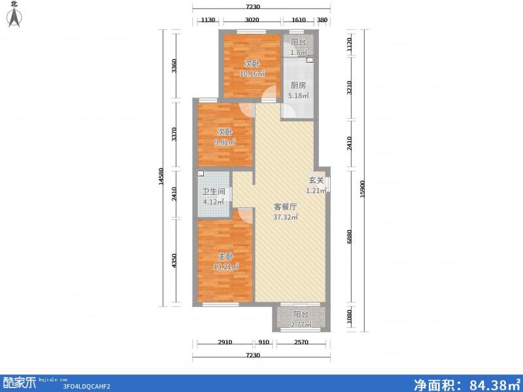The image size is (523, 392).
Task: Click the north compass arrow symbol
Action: [14, 18]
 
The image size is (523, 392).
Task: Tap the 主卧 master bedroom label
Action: [225, 257]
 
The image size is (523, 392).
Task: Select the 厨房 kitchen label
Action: [298, 86]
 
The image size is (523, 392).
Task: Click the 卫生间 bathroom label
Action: [213, 192]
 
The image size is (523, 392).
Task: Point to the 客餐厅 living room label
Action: [286, 207]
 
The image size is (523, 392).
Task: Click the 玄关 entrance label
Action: [316, 181]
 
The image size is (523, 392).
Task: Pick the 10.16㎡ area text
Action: [252, 74]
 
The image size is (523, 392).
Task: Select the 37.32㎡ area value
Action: [286, 217]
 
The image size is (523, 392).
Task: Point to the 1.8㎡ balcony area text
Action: [298, 52]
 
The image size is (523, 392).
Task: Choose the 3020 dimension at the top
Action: [252, 20]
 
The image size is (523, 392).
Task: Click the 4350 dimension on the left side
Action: [174, 261]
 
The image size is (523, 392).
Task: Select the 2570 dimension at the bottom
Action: [301, 342]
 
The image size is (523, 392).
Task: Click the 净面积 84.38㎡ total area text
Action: [465, 383]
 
